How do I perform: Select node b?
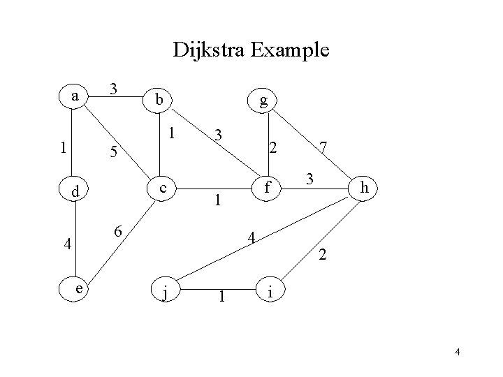coord(160,101)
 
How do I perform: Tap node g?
coord(263,101)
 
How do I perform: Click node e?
coord(81,287)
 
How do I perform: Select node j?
coord(165,291)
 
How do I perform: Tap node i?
coord(271,289)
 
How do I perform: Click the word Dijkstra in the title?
coord(212,50)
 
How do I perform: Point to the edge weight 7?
coord(323,147)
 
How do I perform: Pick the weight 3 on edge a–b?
coord(115,89)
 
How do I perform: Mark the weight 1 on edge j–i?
coord(221,297)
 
